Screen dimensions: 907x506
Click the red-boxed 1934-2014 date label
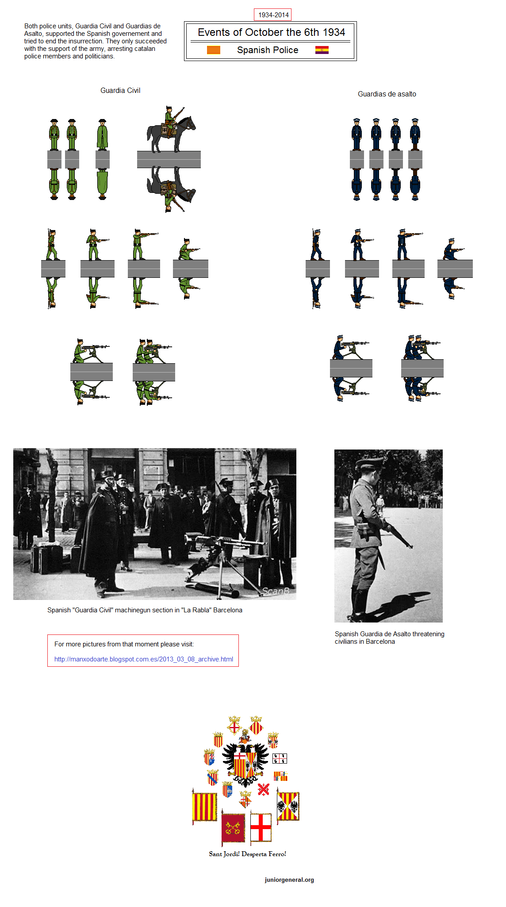pos(273,15)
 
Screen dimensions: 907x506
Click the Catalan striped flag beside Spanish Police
pos(213,50)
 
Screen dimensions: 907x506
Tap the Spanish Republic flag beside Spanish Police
pos(322,50)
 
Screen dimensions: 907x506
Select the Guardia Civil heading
pos(120,90)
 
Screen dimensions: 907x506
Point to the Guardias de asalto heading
pos(387,94)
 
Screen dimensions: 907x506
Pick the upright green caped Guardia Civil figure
pos(102,135)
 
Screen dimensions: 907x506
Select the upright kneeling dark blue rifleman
pos(452,250)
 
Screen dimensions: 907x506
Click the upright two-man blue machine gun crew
pos(421,347)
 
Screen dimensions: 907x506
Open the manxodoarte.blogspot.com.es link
pos(143,659)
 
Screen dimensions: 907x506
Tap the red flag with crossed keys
pos(233,827)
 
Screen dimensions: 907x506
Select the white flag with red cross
pos(261,826)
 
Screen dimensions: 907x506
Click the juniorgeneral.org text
pos(289,880)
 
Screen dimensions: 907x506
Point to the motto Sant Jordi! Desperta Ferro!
pos(247,854)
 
